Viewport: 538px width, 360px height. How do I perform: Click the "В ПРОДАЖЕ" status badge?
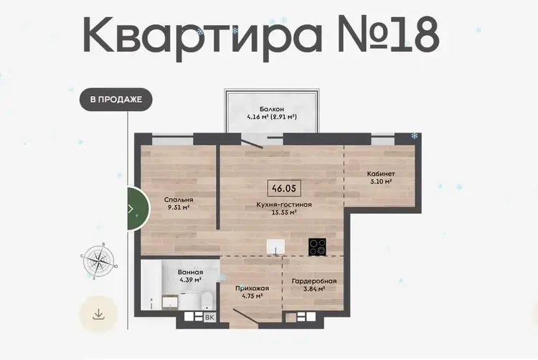point(116,100)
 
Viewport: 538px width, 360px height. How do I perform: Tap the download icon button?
point(98,313)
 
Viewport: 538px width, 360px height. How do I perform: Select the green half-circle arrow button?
point(138,209)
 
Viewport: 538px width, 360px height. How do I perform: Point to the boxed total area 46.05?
point(284,188)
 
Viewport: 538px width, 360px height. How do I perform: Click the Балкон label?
point(272,110)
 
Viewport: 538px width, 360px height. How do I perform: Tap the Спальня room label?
point(179,199)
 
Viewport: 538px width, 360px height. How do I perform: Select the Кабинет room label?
point(381,174)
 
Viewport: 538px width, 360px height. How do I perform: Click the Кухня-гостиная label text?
point(284,204)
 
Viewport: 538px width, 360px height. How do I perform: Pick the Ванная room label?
point(190,273)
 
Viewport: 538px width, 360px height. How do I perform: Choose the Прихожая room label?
point(253,288)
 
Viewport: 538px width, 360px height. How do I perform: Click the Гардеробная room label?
point(314,281)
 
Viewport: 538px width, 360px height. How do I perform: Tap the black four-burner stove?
point(317,247)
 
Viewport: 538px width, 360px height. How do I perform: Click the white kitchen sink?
point(276,247)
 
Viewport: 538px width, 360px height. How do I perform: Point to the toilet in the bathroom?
point(207,300)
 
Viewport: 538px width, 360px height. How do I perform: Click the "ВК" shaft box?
point(209,318)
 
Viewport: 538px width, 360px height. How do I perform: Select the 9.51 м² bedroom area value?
point(179,207)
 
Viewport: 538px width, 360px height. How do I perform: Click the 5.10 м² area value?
point(381,181)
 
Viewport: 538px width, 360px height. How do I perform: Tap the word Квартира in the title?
point(202,35)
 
